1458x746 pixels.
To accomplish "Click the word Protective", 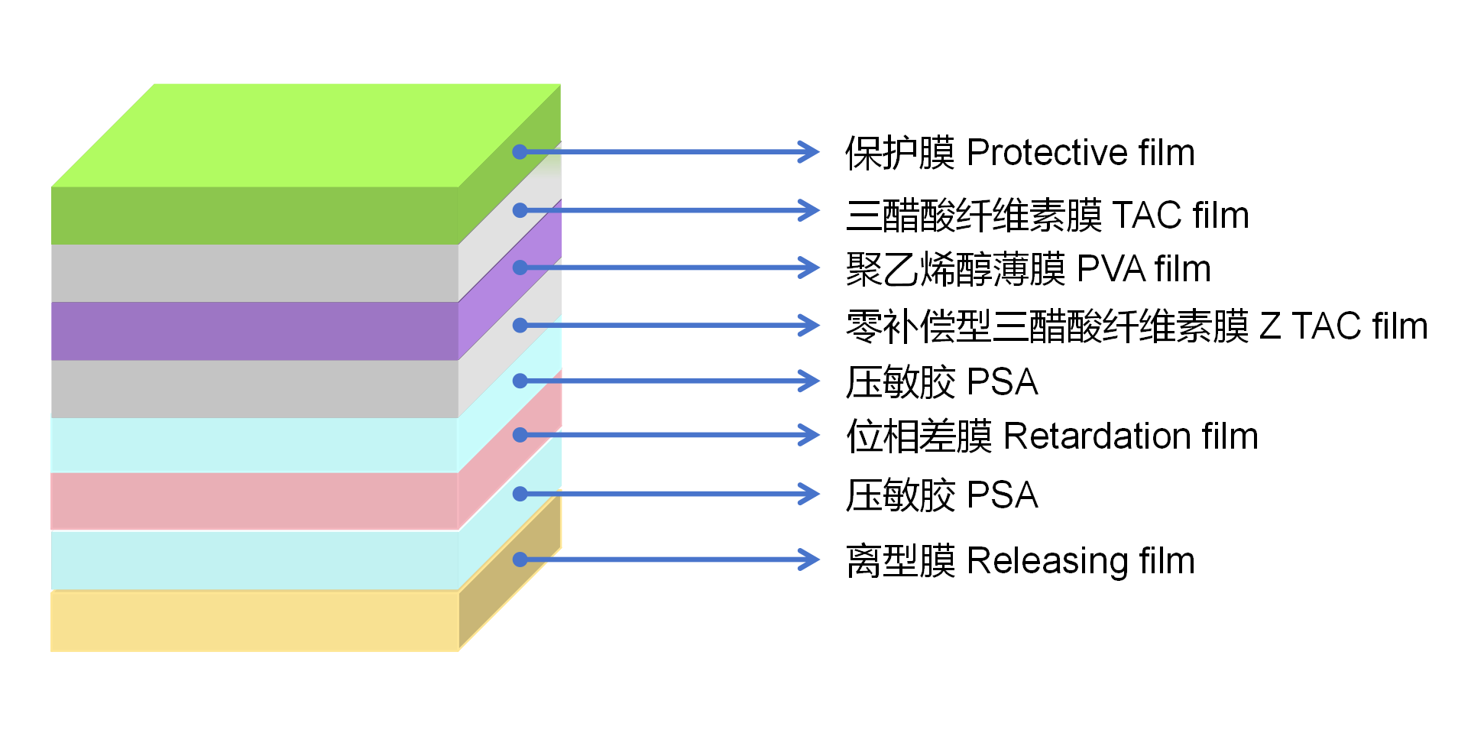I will (1047, 153).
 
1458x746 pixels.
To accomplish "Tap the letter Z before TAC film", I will (1270, 326).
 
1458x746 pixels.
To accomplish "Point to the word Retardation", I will (1097, 436).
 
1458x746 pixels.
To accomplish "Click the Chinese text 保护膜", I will (899, 153).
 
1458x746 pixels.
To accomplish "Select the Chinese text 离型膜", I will (899, 561).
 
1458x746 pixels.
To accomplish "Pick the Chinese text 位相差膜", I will (919, 436).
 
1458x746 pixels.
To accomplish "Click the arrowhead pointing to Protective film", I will (810, 151).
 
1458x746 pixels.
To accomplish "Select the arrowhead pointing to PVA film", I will (810, 268).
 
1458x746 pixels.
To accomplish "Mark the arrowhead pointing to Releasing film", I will (810, 559).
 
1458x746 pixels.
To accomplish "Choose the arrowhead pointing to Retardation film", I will (810, 435).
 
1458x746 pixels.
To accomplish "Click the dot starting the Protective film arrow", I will (520, 152).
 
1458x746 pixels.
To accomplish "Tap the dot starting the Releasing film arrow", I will (520, 559).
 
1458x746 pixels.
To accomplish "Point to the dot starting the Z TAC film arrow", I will (520, 326).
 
